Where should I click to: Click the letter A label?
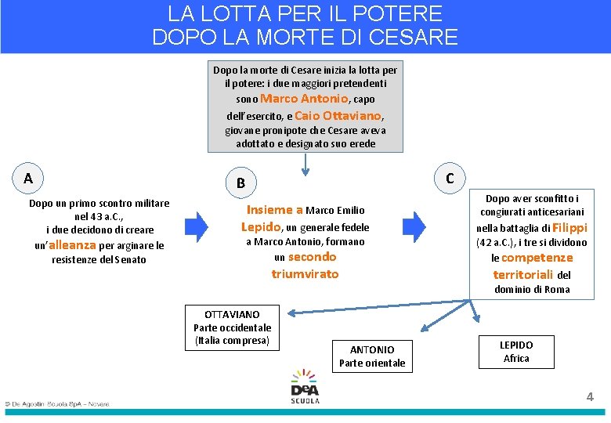tap(28, 179)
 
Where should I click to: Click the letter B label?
tap(240, 183)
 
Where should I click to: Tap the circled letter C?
tap(450, 178)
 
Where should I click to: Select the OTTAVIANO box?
tap(233, 327)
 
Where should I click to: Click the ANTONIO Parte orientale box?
tap(372, 356)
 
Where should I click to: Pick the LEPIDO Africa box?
tap(516, 352)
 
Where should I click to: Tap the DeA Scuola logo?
tap(305, 386)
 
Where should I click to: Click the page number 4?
tap(590, 397)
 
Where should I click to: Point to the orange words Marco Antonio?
tap(304, 99)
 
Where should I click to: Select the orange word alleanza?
tap(73, 245)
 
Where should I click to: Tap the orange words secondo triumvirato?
tap(306, 266)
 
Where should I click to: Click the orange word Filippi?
tap(569, 228)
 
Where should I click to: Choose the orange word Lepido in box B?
tap(261, 227)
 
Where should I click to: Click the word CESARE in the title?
tap(414, 36)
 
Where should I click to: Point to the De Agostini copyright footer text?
tap(56, 404)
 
